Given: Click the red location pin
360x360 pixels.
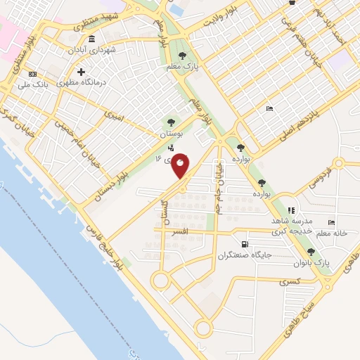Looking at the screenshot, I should tap(181, 165).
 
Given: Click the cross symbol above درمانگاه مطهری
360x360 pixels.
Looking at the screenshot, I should tap(82, 72).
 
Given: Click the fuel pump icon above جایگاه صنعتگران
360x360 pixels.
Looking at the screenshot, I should tap(244, 245).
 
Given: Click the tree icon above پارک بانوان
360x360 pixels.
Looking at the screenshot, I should tap(311, 252).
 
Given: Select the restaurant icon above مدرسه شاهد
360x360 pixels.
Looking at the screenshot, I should tap(291, 210).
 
